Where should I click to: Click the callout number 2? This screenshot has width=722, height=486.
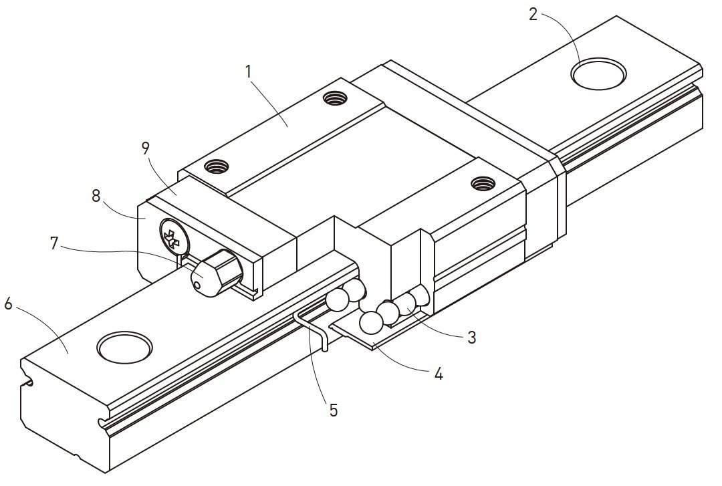click(x=533, y=14)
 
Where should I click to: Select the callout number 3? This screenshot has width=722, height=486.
click(x=471, y=338)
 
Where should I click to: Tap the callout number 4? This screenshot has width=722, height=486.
click(x=438, y=374)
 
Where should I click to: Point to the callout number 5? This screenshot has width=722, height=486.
click(x=332, y=410)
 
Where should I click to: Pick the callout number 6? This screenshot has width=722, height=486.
click(x=8, y=303)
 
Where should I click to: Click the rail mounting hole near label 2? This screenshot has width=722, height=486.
click(x=598, y=74)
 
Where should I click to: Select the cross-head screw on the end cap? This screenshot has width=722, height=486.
click(x=172, y=237)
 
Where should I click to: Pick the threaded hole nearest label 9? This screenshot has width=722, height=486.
click(x=217, y=165)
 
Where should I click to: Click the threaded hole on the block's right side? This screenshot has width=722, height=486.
click(x=481, y=182)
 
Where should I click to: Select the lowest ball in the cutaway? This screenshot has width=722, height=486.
click(x=370, y=324)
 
